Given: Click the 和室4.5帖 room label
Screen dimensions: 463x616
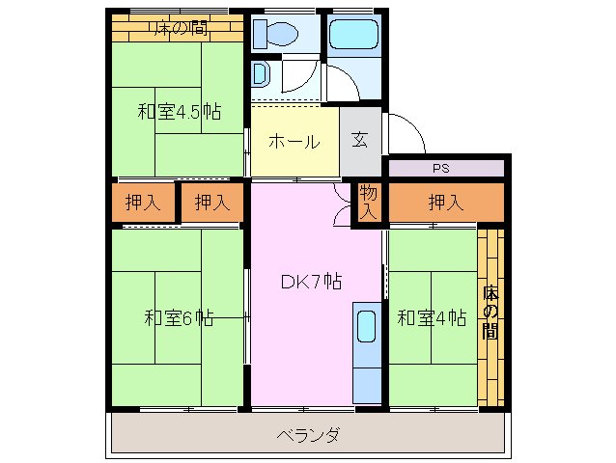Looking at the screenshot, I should pos(179,112).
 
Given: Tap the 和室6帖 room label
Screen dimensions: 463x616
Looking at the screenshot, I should pos(179,317).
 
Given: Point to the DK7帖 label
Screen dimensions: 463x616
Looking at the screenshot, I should pos(311,282).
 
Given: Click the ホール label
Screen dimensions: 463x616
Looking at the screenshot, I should pos(294,142).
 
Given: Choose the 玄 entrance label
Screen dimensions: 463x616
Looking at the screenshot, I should pos(359,140).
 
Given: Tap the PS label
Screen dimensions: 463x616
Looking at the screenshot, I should pos(441,169).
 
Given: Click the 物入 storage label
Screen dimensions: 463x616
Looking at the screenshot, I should pos(369,203).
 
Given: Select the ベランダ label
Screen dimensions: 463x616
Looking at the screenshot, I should pos(308,435).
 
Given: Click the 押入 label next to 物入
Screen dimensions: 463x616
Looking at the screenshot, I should pos(445,203).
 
